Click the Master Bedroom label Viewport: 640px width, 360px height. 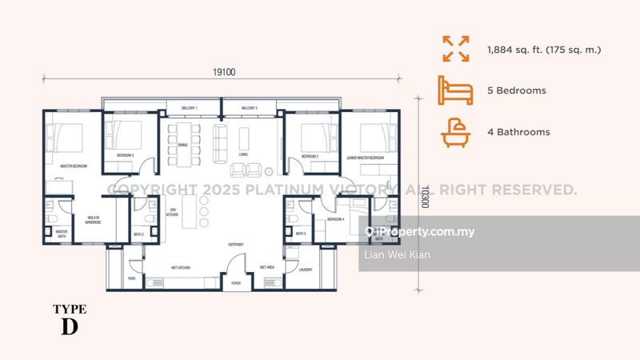pyautogui.click(x=74, y=166)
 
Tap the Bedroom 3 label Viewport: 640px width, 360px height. pyautogui.click(x=125, y=154)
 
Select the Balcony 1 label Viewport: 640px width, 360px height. pyautogui.click(x=190, y=107)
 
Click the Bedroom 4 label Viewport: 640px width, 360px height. pyautogui.click(x=334, y=218)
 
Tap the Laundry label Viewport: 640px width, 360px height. pyautogui.click(x=306, y=270)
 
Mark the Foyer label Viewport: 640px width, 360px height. pyautogui.click(x=236, y=282)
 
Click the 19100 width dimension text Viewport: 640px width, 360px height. pyautogui.click(x=222, y=72)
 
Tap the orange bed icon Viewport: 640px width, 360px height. pyautogui.click(x=454, y=90)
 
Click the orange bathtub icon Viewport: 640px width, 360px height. pyautogui.click(x=454, y=132)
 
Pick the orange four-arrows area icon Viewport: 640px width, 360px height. pyautogui.click(x=454, y=49)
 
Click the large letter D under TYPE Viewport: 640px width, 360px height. pyautogui.click(x=69, y=326)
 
